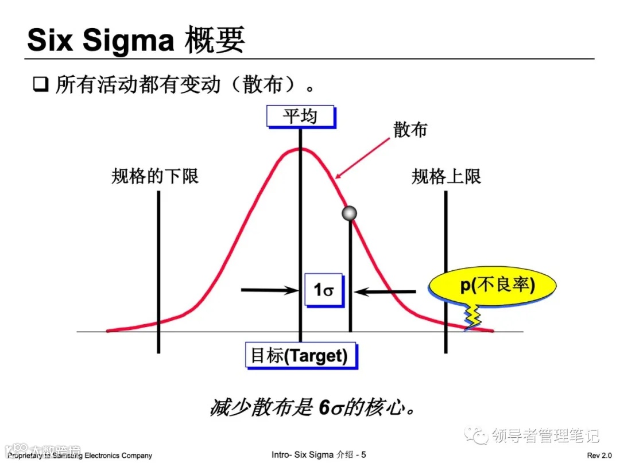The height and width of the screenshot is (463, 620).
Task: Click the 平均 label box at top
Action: click(300, 116)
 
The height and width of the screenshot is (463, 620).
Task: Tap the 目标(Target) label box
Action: click(300, 356)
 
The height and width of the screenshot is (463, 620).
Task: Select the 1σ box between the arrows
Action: click(324, 290)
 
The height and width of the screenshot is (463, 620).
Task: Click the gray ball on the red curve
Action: click(349, 213)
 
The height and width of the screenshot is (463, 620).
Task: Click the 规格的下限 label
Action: click(155, 176)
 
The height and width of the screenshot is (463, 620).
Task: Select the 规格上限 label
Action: click(446, 176)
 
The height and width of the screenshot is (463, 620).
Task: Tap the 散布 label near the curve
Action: click(410, 130)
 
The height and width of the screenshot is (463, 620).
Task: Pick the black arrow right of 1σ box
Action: click(385, 291)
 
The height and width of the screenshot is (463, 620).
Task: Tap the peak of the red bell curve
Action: click(299, 149)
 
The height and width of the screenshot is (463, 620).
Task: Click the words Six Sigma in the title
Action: click(100, 41)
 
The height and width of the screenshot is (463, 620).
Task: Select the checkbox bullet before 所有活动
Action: click(39, 85)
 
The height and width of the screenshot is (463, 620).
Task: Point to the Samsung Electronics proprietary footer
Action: click(80, 456)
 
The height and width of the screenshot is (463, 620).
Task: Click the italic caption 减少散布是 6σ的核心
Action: click(313, 408)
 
